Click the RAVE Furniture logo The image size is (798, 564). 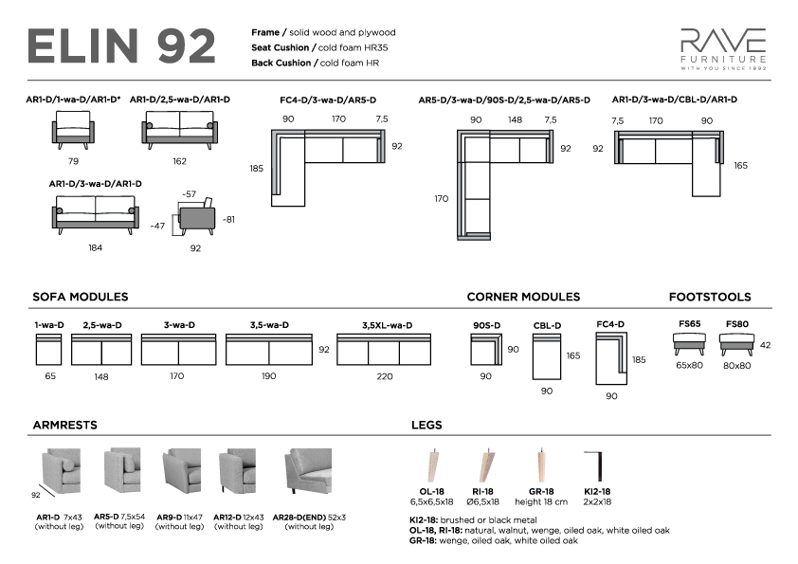tap(723, 49)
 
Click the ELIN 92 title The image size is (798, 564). tap(121, 46)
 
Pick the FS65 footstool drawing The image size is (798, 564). tap(689, 343)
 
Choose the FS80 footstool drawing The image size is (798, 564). tap(736, 344)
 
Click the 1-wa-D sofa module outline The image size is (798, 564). tap(49, 349)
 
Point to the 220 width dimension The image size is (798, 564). tap(385, 376)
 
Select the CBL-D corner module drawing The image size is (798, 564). tap(547, 356)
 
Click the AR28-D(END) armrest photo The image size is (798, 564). tap(309, 471)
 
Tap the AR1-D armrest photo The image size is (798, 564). tap(61, 471)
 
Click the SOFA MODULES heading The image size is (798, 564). tap(81, 297)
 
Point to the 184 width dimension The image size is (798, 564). tap(95, 248)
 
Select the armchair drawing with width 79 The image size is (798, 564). tap(73, 130)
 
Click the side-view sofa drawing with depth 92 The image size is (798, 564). tap(196, 217)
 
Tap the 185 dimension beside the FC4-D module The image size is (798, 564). tap(639, 359)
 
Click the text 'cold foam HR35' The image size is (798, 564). tap(353, 47)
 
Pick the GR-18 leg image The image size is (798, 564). tap(541, 465)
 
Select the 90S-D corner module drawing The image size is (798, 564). tap(486, 349)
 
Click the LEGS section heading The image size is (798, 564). tap(426, 425)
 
